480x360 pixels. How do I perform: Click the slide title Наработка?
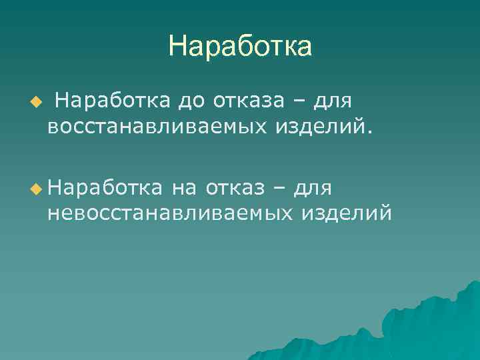[x=240, y=47]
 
